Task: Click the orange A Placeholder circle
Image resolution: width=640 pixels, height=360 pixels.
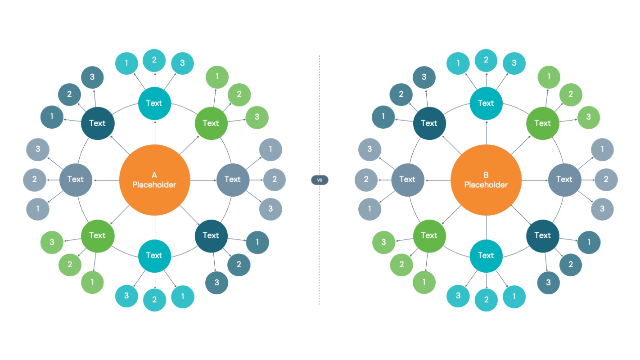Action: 154,180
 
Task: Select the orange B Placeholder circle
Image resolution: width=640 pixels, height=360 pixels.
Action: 486,180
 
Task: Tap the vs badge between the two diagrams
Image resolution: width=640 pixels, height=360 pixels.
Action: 320,180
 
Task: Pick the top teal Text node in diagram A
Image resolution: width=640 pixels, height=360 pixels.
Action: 154,103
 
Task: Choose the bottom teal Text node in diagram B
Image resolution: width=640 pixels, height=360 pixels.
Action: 486,256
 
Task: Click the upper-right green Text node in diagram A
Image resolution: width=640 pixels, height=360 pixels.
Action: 211,123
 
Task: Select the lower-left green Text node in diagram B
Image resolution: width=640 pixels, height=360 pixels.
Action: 429,235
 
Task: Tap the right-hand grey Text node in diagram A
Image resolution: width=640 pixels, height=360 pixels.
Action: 233,179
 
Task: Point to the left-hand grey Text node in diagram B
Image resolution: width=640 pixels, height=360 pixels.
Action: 407,179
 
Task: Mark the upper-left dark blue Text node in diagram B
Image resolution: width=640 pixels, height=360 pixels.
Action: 429,123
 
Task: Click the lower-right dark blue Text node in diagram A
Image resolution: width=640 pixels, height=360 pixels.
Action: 211,235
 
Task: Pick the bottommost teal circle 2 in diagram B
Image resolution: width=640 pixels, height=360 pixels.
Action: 486,300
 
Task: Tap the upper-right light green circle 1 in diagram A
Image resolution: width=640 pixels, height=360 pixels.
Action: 217,76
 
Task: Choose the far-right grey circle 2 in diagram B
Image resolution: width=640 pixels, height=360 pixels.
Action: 606,180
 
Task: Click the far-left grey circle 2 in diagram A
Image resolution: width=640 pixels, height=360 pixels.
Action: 35,180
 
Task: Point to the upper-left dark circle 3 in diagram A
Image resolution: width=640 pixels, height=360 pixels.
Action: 92,77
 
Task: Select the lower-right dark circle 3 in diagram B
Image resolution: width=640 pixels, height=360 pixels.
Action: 549,283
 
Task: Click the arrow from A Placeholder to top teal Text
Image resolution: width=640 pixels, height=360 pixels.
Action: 154,133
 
